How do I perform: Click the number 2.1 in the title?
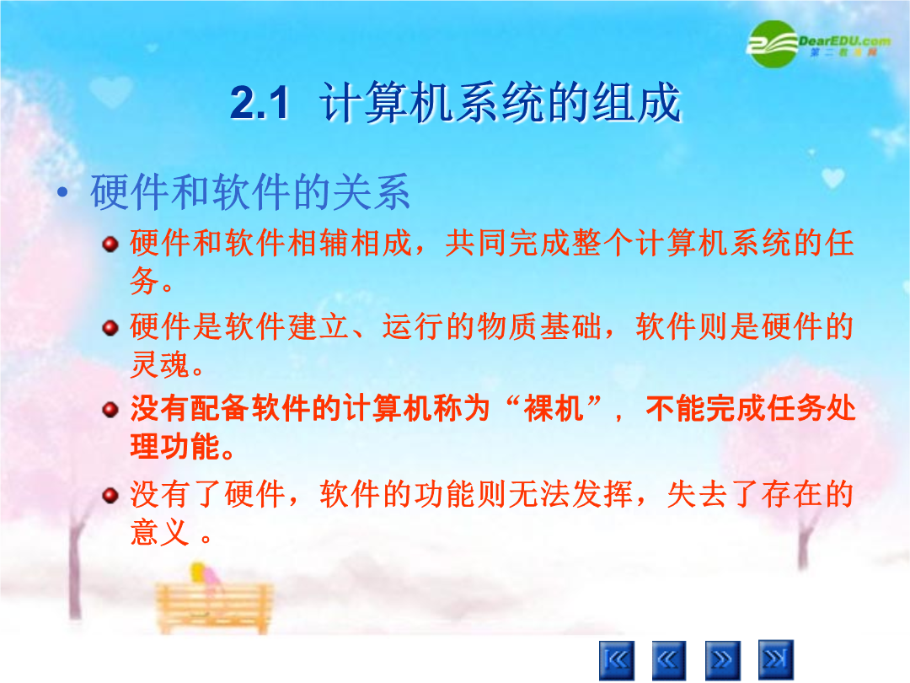coord(260,104)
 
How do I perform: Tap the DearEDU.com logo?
coord(818,44)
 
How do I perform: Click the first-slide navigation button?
coord(616,659)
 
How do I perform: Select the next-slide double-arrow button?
coord(723,659)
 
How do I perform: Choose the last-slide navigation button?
coord(776,659)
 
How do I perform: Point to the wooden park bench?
coord(213,608)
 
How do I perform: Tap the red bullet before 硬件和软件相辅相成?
coord(110,244)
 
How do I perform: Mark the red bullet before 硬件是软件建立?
coord(110,328)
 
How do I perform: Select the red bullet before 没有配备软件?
coord(110,411)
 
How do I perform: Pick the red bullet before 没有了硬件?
coord(110,496)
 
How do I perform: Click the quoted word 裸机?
coord(554,408)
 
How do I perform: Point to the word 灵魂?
coord(159,365)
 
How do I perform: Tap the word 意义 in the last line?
coord(159,533)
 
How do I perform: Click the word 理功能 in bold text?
coord(175,447)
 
